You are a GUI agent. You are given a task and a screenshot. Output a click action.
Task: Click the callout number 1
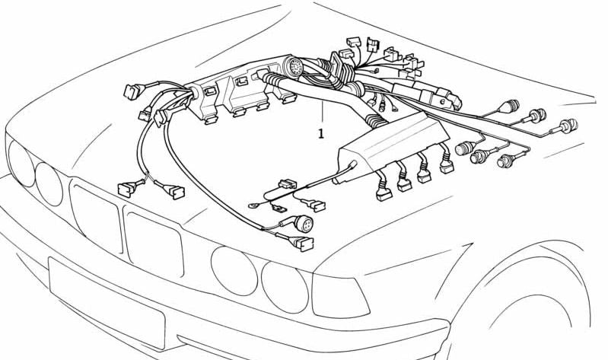tap(320, 134)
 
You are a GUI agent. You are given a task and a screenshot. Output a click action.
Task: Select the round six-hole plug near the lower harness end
tap(303, 224)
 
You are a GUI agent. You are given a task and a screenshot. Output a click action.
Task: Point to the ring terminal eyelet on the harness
tap(253, 205)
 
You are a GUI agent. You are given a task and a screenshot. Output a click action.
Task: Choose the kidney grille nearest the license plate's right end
tap(154, 244)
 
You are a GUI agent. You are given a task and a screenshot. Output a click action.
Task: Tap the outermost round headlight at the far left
tap(21, 163)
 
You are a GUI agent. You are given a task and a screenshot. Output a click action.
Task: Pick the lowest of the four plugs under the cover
tap(384, 193)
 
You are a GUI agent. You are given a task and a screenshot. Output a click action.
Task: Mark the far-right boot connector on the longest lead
tap(568, 126)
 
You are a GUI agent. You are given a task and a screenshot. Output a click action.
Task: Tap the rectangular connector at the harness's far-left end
tap(131, 92)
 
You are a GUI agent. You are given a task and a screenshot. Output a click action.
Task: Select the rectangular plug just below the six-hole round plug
tap(302, 244)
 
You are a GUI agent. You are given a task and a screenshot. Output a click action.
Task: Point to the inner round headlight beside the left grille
tap(49, 184)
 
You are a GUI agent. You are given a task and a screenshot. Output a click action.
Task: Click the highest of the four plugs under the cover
tap(447, 166)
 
